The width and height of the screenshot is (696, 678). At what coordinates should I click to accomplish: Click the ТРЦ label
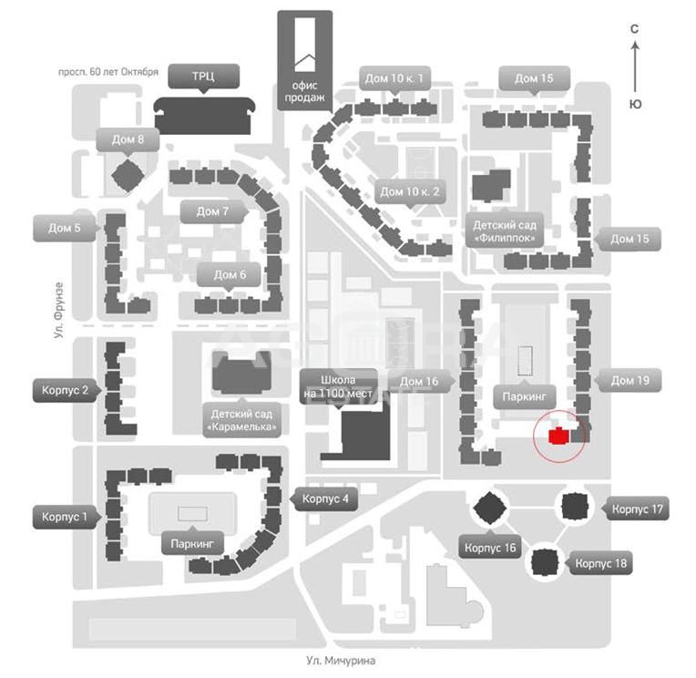pos(203,77)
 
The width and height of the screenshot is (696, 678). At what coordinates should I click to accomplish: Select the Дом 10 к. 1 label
pos(395,78)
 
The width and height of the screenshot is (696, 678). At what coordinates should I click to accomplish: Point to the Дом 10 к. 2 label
pos(410,191)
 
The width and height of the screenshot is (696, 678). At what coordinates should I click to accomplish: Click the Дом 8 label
pos(128,139)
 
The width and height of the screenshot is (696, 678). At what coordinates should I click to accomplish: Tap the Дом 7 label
pos(212,211)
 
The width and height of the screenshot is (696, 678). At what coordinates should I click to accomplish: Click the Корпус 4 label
pos(325,499)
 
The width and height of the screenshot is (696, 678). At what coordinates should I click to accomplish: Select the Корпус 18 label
pos(601,563)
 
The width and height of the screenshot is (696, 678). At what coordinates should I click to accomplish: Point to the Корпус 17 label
pos(637,509)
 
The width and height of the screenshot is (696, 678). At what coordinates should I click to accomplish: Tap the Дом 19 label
pos(629,380)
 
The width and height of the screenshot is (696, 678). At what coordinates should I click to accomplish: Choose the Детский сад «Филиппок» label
pos(502,231)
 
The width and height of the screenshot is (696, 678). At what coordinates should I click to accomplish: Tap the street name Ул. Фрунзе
pos(57,311)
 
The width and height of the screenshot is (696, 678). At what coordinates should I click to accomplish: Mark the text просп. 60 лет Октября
pos(108,71)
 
